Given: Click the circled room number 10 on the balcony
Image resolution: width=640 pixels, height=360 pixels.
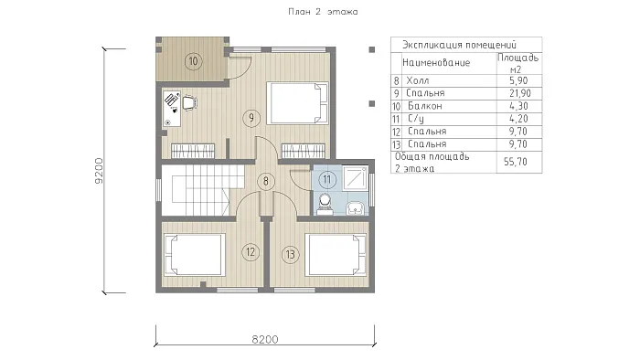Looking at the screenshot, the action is pyautogui.click(x=193, y=61).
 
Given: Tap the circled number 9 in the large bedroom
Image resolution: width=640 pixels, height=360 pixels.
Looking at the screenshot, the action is pyautogui.click(x=251, y=118).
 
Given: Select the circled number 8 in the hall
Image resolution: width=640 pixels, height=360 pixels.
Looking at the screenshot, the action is pyautogui.click(x=266, y=181).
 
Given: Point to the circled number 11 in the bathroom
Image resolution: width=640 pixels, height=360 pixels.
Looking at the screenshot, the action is pyautogui.click(x=327, y=179).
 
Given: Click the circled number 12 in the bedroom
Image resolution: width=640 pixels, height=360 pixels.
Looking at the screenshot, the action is pyautogui.click(x=251, y=252).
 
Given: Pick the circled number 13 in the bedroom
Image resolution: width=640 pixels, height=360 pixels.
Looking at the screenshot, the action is pyautogui.click(x=290, y=254).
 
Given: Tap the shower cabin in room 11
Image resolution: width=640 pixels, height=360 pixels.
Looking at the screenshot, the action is pyautogui.click(x=356, y=178).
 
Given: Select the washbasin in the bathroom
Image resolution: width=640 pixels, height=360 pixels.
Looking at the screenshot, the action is pyautogui.click(x=356, y=208).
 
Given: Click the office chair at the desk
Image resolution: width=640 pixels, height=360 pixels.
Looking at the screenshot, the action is pyautogui.click(x=190, y=102).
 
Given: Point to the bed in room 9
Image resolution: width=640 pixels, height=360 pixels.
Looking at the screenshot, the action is pyautogui.click(x=297, y=102).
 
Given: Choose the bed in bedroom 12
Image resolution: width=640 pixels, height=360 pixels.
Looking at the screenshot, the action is pyautogui.click(x=194, y=254).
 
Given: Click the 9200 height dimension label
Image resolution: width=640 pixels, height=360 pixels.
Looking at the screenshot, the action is pyautogui.click(x=99, y=171).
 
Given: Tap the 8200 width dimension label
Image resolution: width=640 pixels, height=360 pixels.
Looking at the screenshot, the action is pyautogui.click(x=265, y=339).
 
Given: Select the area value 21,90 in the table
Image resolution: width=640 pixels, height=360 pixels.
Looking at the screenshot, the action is pyautogui.click(x=520, y=93).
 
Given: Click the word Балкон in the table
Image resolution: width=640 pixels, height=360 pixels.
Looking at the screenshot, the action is pyautogui.click(x=425, y=106).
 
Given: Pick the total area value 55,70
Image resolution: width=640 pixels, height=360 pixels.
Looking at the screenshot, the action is pyautogui.click(x=516, y=162).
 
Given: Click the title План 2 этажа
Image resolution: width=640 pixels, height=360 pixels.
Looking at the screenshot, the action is pyautogui.click(x=323, y=12).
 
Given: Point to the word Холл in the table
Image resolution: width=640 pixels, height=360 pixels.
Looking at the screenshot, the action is pyautogui.click(x=418, y=80).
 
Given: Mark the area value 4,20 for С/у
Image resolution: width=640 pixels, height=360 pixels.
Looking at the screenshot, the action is pyautogui.click(x=518, y=119).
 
